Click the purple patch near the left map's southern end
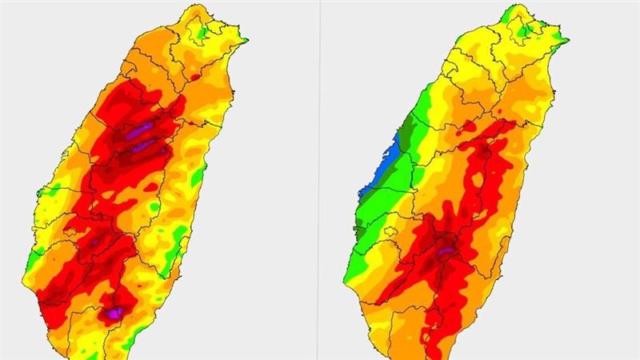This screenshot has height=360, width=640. click(x=116, y=313)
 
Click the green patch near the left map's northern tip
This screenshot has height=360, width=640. click(x=204, y=32)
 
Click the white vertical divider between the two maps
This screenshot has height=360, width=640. click(x=319, y=180)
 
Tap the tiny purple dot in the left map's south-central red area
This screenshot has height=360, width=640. click(x=96, y=241)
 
